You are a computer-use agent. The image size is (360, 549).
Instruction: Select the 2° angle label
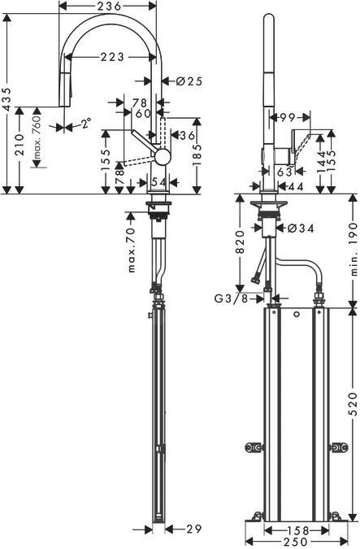(x=85, y=124)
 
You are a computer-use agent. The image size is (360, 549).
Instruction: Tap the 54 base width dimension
(x=159, y=181)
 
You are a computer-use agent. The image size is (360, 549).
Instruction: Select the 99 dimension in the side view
(x=285, y=118)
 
